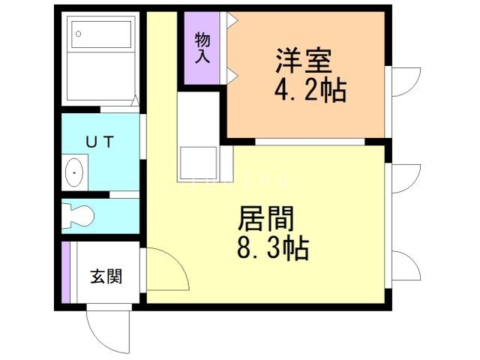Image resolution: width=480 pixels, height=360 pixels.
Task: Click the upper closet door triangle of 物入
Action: click(x=232, y=19)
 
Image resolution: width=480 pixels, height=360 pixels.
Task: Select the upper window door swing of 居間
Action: click(x=404, y=180)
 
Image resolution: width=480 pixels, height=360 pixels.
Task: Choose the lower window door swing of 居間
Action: click(x=404, y=266)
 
